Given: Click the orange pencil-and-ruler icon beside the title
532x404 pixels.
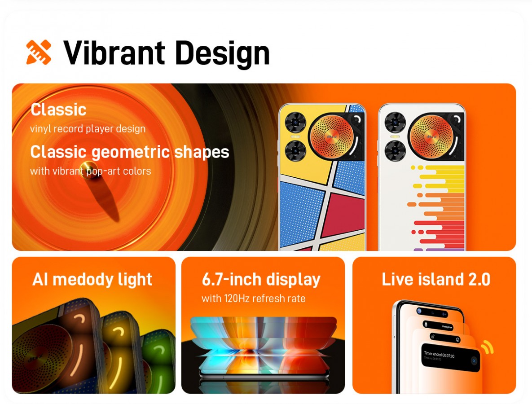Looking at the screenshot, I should pos(39,52).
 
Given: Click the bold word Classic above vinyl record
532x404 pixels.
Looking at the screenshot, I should pos(58,110).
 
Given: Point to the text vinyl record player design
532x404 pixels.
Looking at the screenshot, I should pos(88,129).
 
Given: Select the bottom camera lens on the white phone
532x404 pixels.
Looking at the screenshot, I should pos(395,149).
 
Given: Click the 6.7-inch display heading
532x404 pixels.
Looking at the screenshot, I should pos(261,280).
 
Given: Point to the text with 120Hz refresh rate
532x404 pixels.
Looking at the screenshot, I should pos(253,299).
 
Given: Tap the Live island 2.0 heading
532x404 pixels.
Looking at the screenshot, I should pos(435,280).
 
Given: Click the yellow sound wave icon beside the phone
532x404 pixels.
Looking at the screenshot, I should pos(486,347).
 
